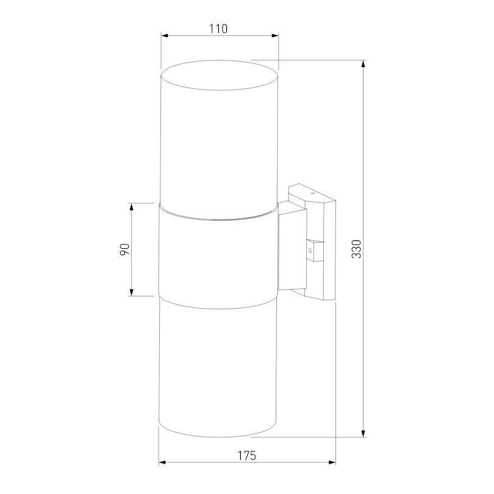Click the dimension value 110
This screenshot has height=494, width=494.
tap(219, 29)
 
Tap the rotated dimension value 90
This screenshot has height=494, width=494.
tap(124, 249)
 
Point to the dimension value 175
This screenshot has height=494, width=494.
tap(246, 456)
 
